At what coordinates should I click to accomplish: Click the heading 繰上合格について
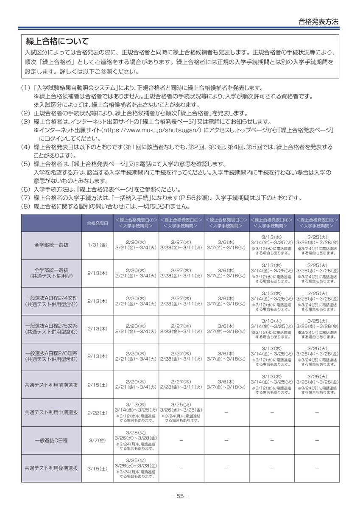point(57,42)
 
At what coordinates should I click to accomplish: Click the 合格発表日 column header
point(97,223)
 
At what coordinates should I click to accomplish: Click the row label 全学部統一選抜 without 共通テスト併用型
point(51,245)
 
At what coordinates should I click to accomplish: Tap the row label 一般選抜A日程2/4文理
point(51,298)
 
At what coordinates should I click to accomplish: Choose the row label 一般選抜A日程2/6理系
point(51,354)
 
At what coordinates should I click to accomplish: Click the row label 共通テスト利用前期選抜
point(51,385)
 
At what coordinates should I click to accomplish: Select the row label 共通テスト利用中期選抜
point(51,412)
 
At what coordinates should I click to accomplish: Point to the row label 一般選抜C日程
point(51,440)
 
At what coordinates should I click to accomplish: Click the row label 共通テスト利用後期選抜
point(51,468)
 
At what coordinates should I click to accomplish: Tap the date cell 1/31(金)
point(97,245)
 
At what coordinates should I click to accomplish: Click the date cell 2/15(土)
point(97,385)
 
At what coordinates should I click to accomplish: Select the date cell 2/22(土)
point(97,412)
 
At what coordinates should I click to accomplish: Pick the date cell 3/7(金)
point(97,440)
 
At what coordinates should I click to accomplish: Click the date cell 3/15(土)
point(97,468)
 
